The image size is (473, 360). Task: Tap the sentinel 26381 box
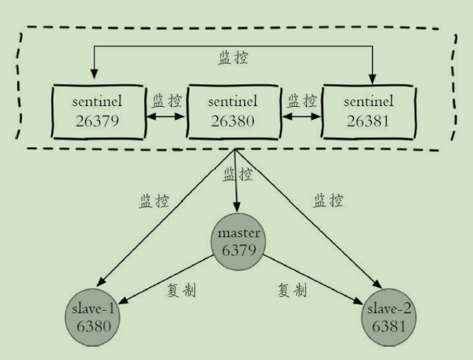pos(367,110)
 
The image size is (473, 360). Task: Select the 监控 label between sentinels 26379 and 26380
pos(167,100)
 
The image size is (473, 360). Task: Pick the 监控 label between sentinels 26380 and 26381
pos(301,100)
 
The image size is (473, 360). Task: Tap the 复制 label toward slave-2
pos(291,289)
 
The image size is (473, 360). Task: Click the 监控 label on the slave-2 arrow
pos(328,201)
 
